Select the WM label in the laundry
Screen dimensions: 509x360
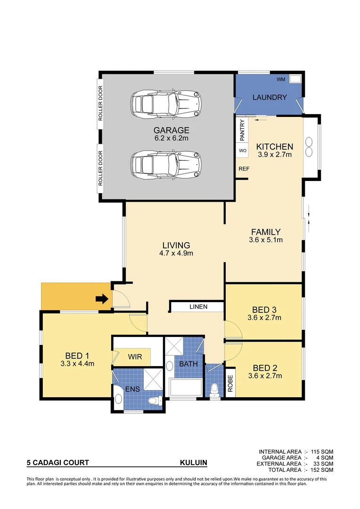(281, 79)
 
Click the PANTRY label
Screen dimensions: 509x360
(242, 130)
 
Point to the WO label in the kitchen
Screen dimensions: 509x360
(243, 151)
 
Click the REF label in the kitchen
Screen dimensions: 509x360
(244, 169)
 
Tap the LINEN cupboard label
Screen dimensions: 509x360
(198, 307)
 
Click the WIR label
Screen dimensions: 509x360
(135, 357)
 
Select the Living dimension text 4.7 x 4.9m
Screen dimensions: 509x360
(176, 253)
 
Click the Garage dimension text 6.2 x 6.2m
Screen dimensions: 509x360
(171, 138)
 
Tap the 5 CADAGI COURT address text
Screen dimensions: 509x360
(57, 463)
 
